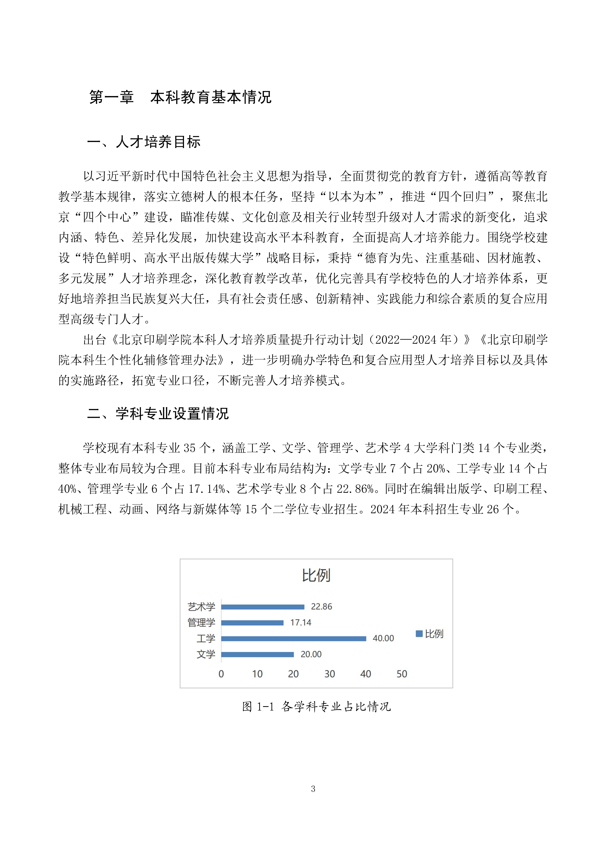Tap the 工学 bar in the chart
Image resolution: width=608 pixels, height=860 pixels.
294,639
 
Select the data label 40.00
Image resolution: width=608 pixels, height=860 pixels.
383,638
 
